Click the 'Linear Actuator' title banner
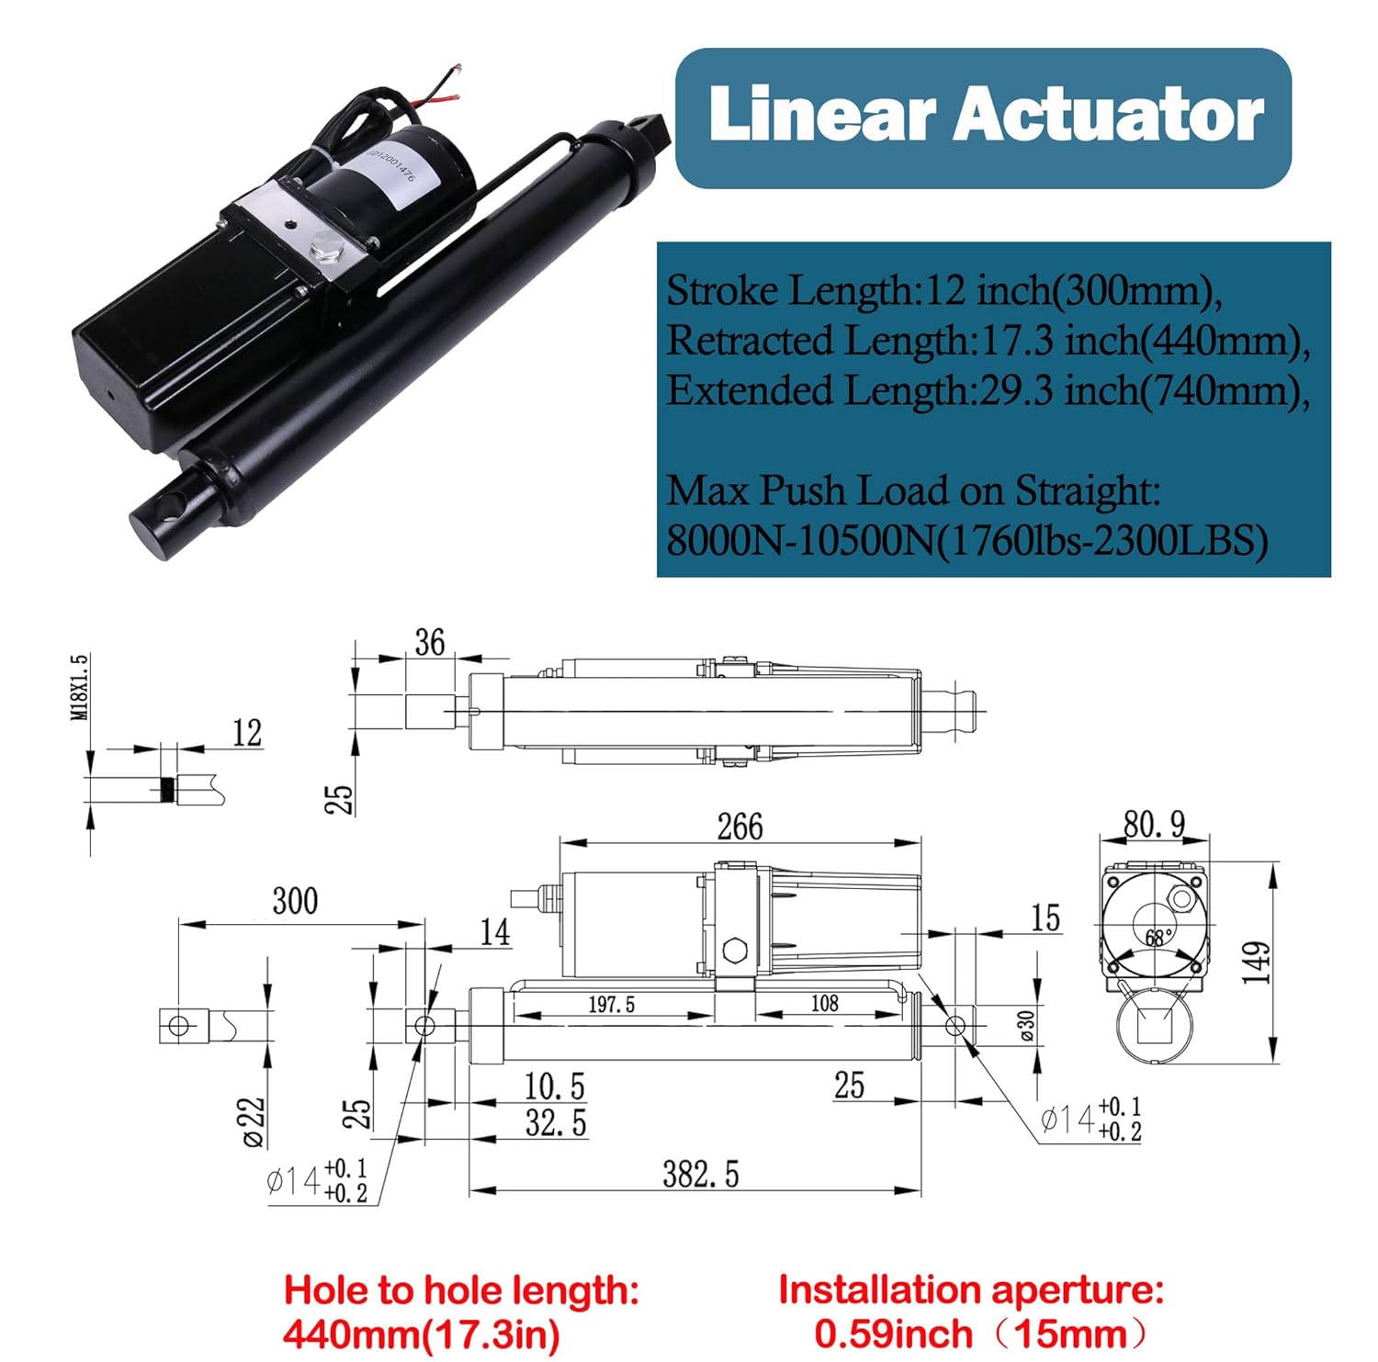tap(984, 118)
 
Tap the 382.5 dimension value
tap(700, 1175)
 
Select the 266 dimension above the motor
tap(740, 827)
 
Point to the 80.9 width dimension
tap(1154, 824)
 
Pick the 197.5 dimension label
tap(612, 1005)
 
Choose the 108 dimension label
tap(824, 1004)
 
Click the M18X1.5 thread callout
tap(80, 687)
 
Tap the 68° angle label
tap(1158, 938)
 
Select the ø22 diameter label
tap(254, 1121)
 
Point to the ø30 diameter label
tap(1027, 1024)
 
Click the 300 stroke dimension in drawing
tap(295, 901)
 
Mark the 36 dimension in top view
tap(429, 642)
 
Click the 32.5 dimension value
tap(556, 1123)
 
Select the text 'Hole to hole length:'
tap(461, 1290)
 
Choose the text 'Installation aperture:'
tap(971, 1290)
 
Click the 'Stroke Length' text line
tap(944, 291)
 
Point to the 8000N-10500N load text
tap(966, 541)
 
